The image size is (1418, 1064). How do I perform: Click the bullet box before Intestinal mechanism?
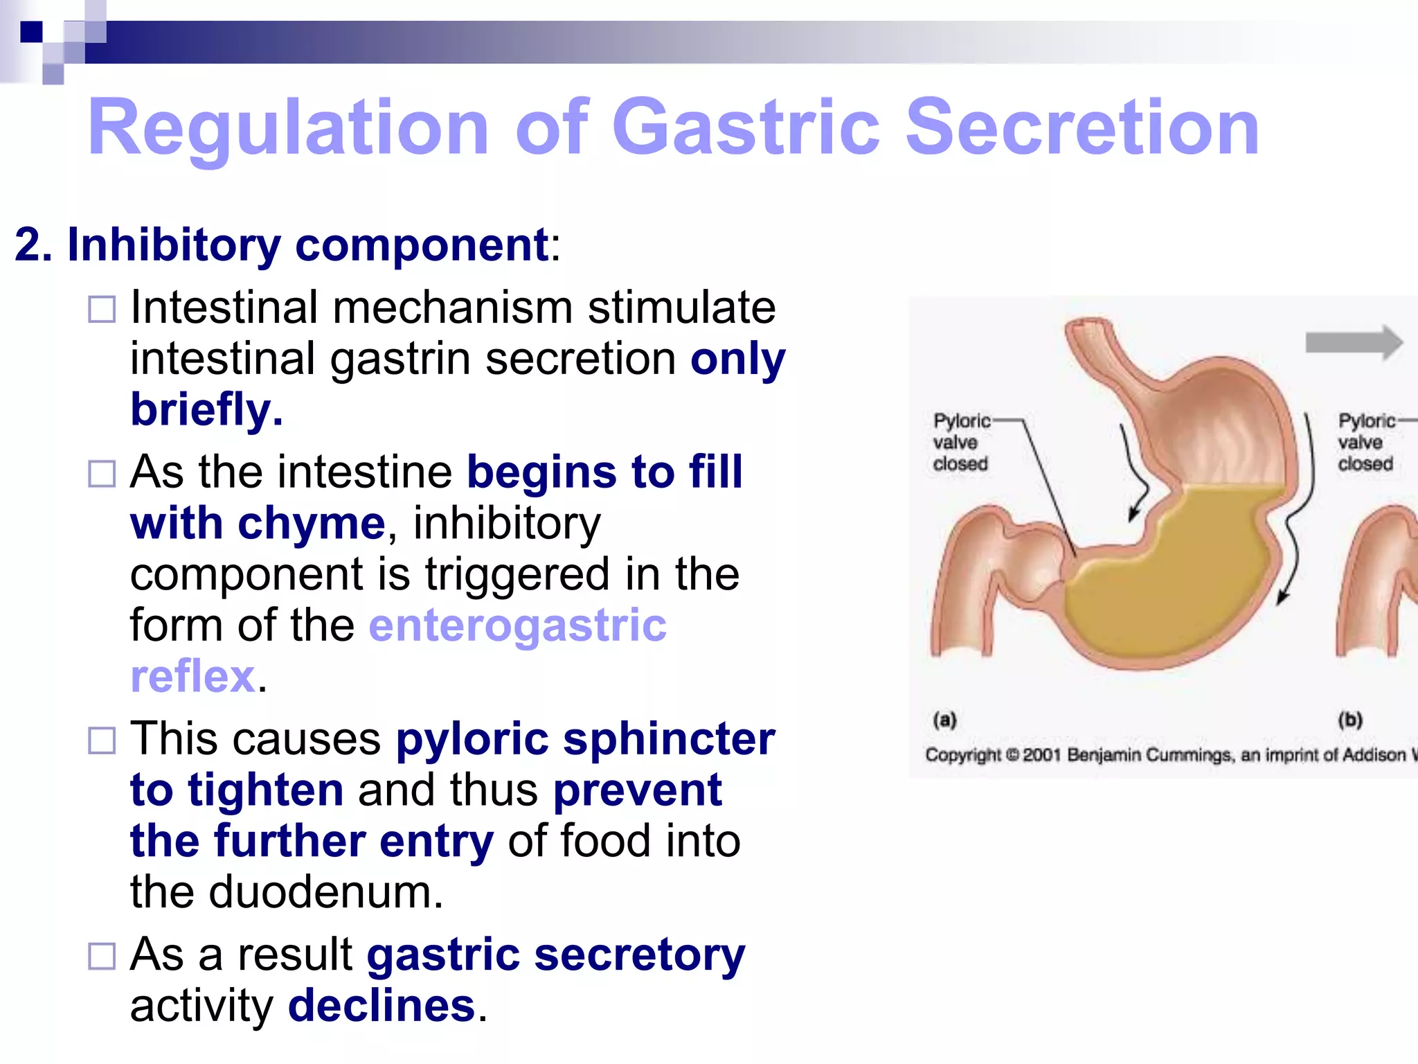coord(102,310)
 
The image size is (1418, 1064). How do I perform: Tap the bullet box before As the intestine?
coord(102,475)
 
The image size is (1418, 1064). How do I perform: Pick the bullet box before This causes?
coord(102,741)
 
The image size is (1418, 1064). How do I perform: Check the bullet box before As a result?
coord(102,957)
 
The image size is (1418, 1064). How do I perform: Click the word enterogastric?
coord(517,626)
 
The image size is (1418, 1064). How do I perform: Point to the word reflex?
coord(192,676)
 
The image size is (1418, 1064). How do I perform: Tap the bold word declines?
coord(382,1006)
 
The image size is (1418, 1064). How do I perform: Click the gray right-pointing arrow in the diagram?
coord(1354,343)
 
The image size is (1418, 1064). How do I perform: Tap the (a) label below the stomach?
coord(945,720)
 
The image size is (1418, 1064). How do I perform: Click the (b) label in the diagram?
coord(1350,720)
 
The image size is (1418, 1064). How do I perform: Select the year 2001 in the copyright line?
coord(1041,754)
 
